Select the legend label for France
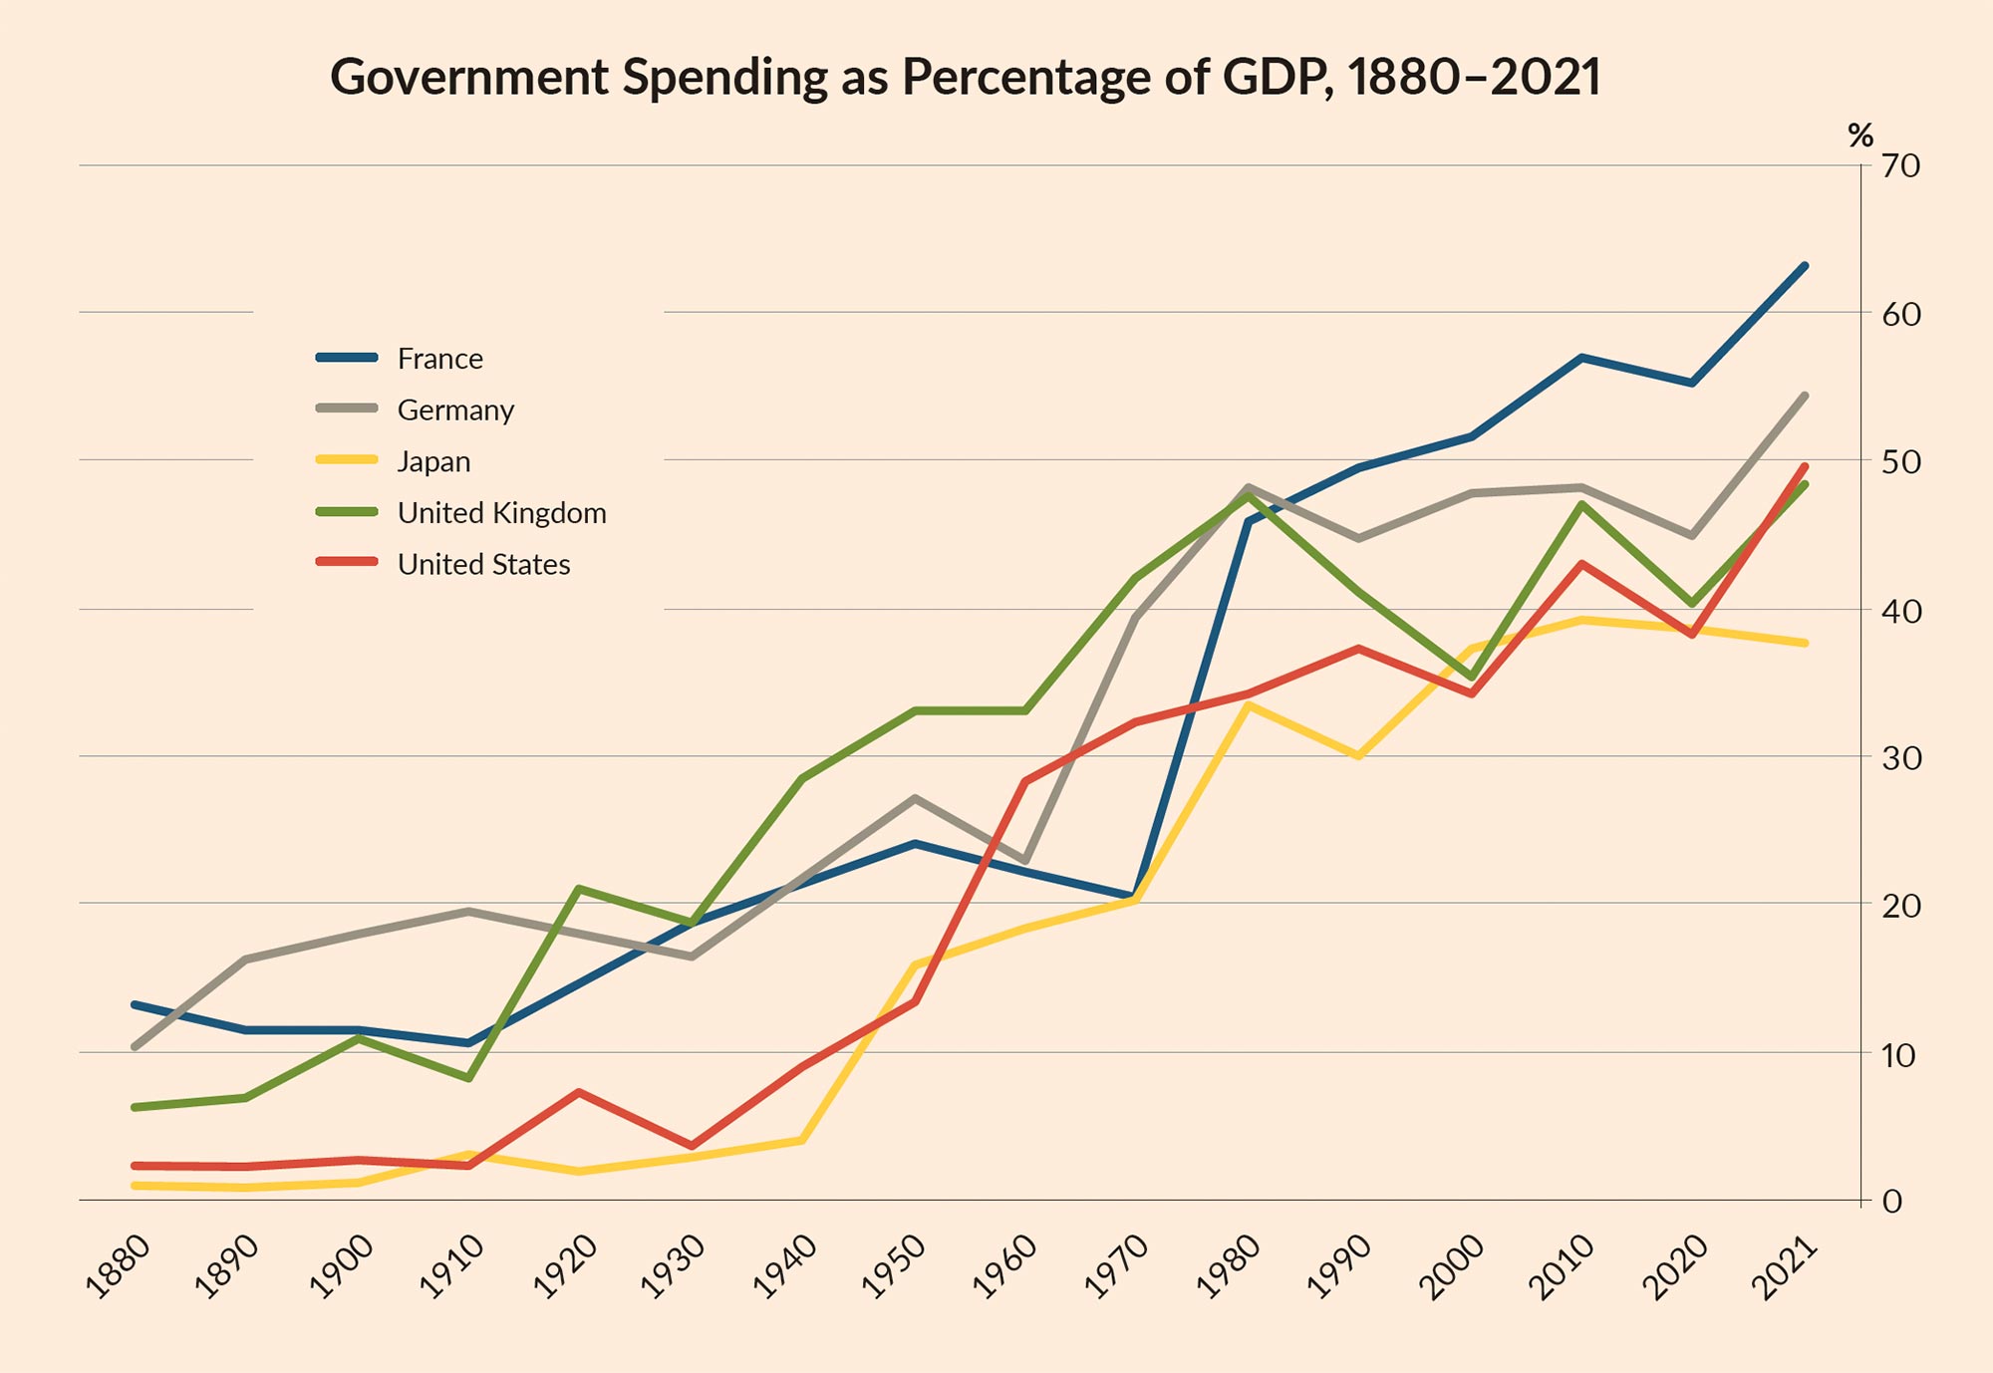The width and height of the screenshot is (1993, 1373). pos(439,359)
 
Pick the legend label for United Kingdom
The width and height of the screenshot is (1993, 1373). pos(501,513)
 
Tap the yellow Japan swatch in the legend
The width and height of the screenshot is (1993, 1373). pos(347,460)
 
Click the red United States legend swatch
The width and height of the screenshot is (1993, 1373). pos(347,563)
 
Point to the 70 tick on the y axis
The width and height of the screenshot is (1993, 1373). pos(1900,166)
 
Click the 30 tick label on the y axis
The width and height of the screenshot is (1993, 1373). pos(1900,758)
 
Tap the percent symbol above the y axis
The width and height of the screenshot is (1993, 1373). pos(1859,136)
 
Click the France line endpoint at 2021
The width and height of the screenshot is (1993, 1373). pos(1805,266)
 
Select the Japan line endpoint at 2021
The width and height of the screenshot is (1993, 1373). pos(1805,644)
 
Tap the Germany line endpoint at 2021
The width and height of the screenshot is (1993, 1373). pos(1805,397)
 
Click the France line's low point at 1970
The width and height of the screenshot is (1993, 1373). pos(1132,896)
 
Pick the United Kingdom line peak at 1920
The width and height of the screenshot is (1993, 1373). pos(579,889)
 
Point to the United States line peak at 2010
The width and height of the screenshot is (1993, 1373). pos(1581,564)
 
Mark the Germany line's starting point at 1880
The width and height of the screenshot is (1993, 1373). pos(135,1047)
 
